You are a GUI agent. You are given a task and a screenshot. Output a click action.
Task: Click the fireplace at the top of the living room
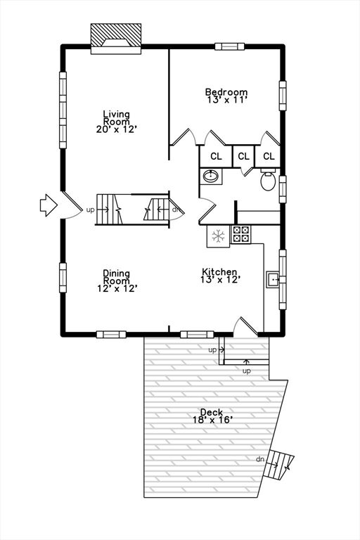(x=116, y=39)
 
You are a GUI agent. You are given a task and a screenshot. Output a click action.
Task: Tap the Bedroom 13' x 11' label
(x=226, y=96)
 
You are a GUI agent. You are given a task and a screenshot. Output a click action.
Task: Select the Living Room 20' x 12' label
(x=117, y=121)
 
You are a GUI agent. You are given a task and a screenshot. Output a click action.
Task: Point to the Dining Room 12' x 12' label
(x=117, y=281)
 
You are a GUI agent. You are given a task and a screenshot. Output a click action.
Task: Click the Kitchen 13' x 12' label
(x=220, y=276)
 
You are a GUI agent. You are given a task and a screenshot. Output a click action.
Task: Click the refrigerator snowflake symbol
(x=218, y=236)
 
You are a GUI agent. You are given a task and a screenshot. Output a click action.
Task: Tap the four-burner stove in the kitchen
(x=240, y=234)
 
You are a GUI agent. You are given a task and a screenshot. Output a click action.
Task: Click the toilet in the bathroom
(x=268, y=179)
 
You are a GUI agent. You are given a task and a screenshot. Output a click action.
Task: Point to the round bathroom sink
(x=210, y=176)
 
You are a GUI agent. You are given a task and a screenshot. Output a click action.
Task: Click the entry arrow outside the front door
(x=49, y=205)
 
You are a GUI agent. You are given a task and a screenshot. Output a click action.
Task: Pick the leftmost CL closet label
(x=217, y=157)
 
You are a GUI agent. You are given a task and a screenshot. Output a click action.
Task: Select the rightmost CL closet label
(x=269, y=156)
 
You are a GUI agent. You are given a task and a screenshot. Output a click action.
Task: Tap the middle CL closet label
(x=243, y=156)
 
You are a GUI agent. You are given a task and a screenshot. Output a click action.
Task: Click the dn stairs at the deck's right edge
(x=278, y=464)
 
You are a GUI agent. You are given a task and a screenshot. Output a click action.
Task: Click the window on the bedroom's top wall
(x=229, y=46)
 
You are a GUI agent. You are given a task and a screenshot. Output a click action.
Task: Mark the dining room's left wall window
(x=63, y=278)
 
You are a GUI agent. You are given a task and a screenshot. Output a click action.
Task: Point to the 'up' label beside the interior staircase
(x=90, y=210)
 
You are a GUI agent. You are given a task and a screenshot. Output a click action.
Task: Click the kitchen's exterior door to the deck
(x=245, y=326)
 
